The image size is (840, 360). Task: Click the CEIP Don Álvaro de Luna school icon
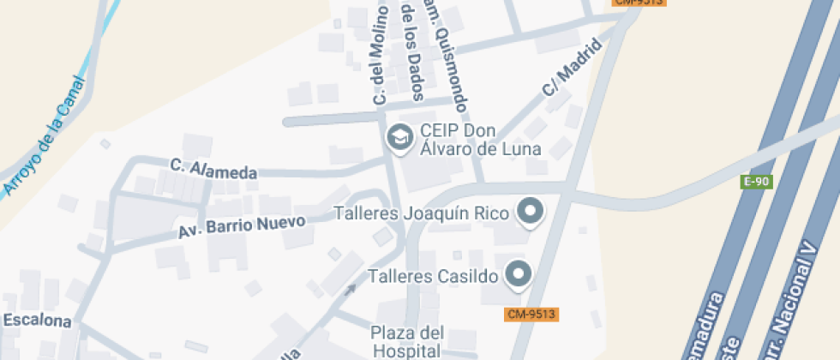click(399, 137)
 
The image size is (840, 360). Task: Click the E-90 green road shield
click(757, 182)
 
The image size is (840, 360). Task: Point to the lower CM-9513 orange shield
click(531, 315)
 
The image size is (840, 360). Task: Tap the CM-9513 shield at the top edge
click(638, 3)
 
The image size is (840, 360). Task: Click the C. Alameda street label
click(213, 169)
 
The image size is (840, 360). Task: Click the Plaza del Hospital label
click(407, 340)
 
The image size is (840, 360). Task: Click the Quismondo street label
click(450, 60)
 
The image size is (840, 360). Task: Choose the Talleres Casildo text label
click(433, 276)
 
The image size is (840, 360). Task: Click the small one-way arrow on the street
click(350, 289)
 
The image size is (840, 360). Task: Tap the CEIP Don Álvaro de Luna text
click(479, 140)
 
